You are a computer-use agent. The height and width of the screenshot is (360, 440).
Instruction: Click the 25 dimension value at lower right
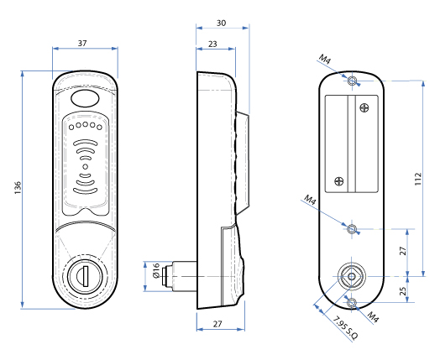403,291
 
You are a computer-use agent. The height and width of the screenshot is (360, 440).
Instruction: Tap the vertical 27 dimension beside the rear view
403,251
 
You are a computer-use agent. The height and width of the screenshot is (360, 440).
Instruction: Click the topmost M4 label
324,60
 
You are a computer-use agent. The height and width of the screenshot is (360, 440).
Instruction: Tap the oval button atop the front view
85,99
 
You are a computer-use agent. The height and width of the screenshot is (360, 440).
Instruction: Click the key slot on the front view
84,274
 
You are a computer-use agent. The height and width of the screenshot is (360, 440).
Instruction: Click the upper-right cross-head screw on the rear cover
363,107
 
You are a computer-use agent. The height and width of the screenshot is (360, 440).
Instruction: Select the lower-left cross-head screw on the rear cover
338,180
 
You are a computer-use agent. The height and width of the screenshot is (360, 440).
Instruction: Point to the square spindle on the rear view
352,275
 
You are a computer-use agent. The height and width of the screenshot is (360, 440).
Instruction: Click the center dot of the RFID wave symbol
85,180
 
